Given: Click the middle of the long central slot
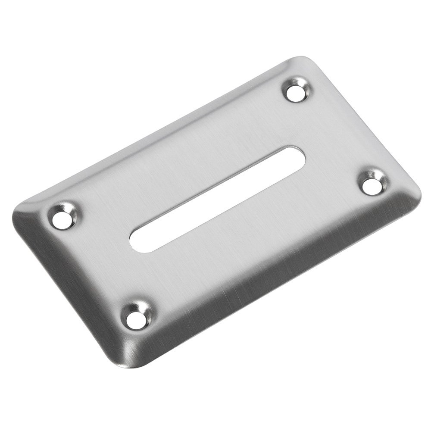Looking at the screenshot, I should (x=217, y=200).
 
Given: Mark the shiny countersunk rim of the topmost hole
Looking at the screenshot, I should (x=303, y=84).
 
